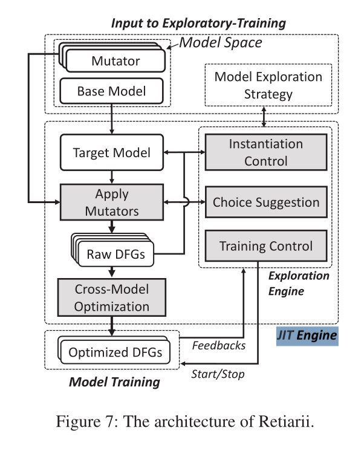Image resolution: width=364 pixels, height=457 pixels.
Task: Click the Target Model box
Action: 112,152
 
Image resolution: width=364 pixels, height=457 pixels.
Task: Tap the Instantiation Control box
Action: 265,152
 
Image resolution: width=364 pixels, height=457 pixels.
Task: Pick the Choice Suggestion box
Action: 265,201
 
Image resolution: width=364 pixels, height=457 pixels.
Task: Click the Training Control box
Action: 265,246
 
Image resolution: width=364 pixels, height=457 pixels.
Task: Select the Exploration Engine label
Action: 300,283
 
